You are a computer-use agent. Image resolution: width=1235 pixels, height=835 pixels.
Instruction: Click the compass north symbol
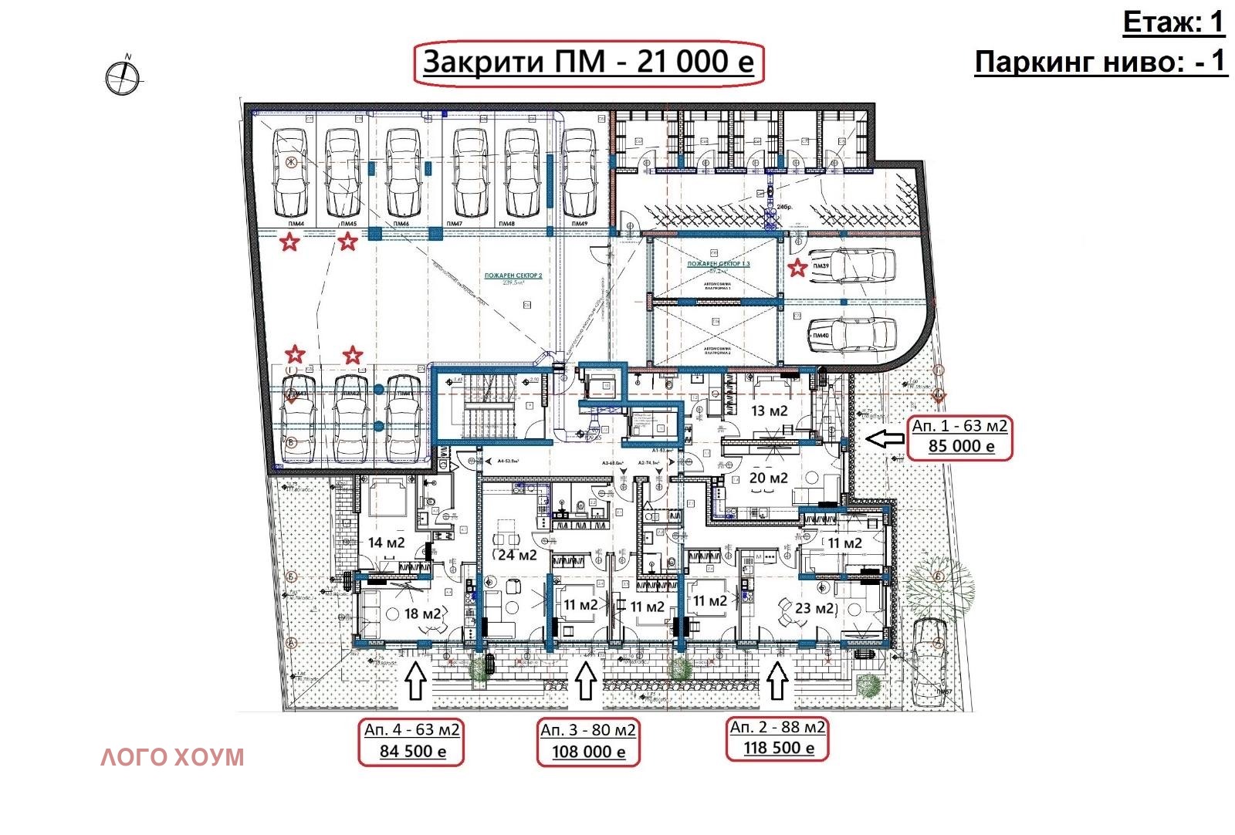tap(123, 76)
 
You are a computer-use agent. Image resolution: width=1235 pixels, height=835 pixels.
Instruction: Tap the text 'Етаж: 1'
tap(1173, 22)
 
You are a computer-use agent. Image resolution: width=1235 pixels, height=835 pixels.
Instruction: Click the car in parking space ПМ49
tap(579, 172)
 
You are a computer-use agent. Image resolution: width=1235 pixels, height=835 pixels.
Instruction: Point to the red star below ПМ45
tap(348, 242)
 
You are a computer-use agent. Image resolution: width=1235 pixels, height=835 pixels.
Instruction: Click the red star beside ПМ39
tap(797, 268)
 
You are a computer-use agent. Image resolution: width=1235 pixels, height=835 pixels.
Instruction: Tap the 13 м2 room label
tap(769, 411)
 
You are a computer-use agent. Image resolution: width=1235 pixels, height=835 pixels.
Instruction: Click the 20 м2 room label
tap(769, 478)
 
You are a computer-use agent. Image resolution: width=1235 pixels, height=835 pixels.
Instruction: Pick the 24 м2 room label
tap(516, 555)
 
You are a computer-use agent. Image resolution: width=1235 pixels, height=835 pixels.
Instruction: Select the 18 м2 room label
tap(422, 614)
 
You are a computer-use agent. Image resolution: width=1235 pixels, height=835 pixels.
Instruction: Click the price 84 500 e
tap(412, 751)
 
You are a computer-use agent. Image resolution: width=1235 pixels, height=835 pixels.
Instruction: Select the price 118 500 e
tap(778, 748)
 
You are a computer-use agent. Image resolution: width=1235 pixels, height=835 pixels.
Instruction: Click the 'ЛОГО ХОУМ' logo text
tap(172, 757)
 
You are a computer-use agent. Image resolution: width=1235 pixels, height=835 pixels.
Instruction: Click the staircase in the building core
tap(484, 408)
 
